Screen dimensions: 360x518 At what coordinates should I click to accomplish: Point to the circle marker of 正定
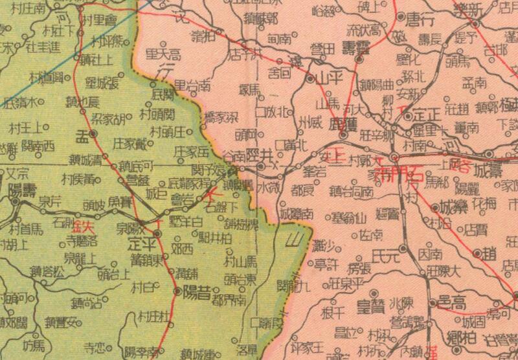tap(408, 117)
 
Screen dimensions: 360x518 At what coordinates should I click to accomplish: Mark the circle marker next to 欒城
tap(434, 208)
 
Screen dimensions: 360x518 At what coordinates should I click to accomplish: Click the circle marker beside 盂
tap(93, 133)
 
